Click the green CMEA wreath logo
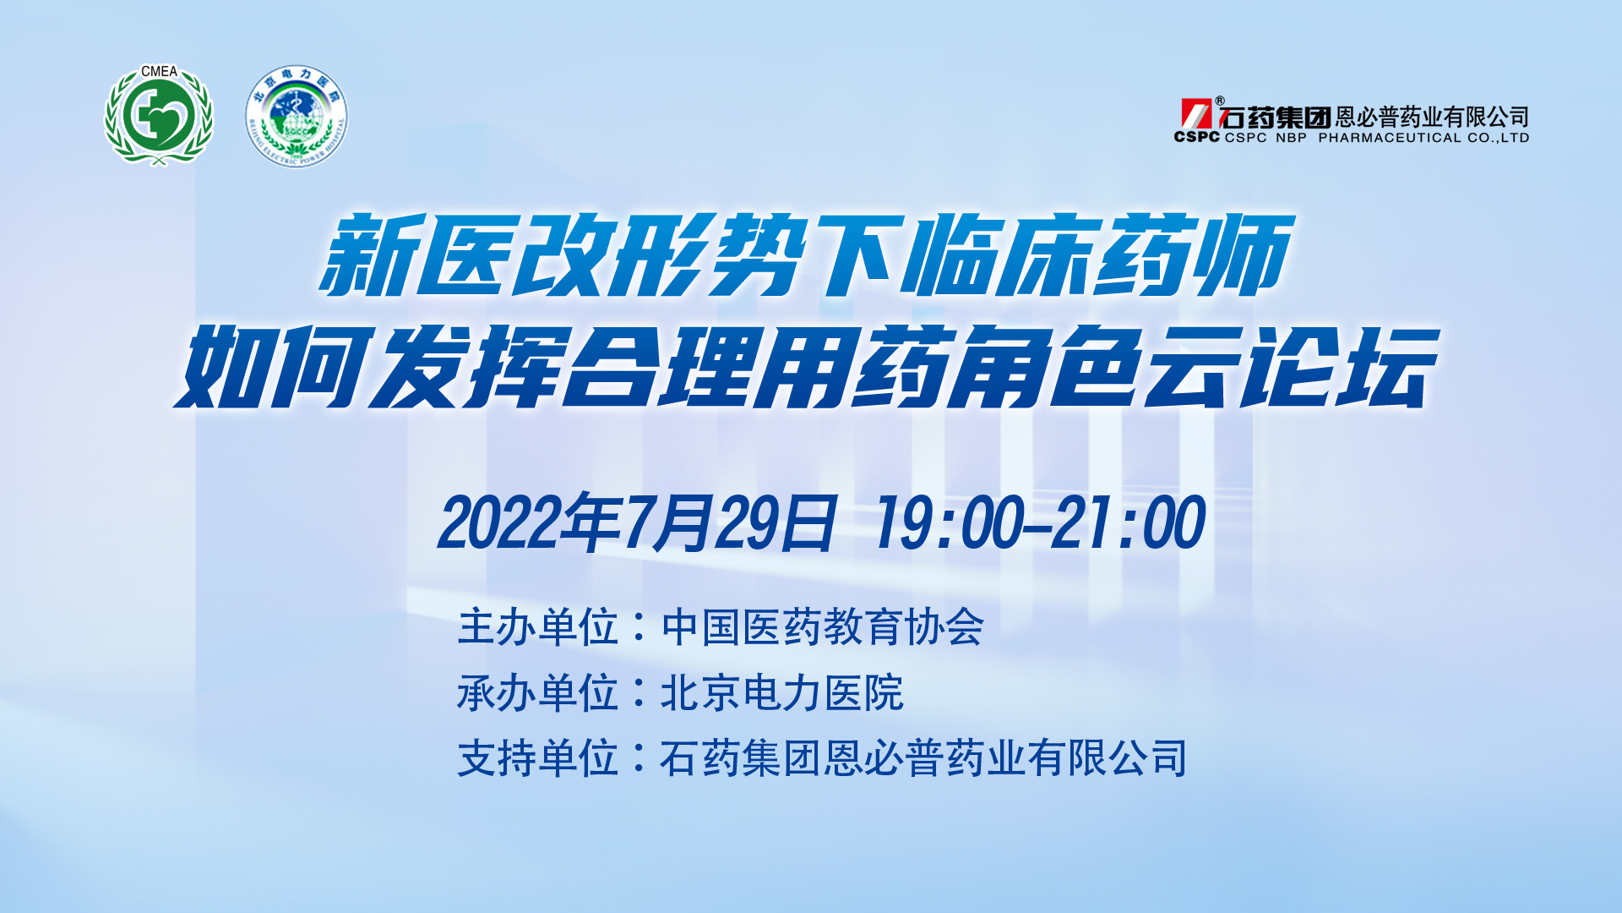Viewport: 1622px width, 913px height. pyautogui.click(x=159, y=116)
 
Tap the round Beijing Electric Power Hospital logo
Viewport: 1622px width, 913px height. pyautogui.click(x=297, y=117)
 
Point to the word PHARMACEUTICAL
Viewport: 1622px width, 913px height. pyautogui.click(x=1390, y=138)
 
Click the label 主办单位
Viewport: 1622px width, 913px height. pyautogui.click(x=538, y=627)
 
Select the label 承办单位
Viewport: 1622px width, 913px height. pyautogui.click(x=538, y=693)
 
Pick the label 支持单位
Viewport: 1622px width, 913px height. pyautogui.click(x=538, y=758)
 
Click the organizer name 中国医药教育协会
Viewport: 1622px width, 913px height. pyautogui.click(x=823, y=627)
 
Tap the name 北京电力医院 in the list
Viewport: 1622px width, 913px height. pyautogui.click(x=782, y=693)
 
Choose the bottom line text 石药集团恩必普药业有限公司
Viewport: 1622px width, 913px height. pyautogui.click(x=923, y=758)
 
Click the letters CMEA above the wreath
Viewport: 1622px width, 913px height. pyautogui.click(x=159, y=72)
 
